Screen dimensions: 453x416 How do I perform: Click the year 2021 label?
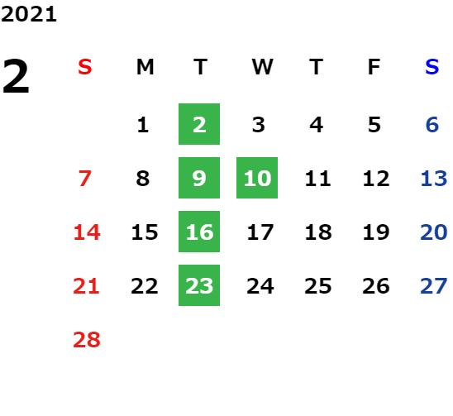29,14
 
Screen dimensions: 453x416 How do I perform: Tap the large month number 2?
16,76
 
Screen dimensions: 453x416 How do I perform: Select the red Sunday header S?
85,67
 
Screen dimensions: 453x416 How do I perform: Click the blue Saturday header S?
432,67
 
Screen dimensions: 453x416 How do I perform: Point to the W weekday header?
262,67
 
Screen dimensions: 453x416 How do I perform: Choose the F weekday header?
374,67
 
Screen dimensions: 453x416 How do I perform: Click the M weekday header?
145,67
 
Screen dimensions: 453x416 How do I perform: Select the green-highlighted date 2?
199,124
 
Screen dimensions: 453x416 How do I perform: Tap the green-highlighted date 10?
257,178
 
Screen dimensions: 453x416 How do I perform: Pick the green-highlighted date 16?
199,232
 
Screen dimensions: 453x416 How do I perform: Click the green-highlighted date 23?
199,285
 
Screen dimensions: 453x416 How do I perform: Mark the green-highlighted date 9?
199,178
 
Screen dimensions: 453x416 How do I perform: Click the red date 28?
87,339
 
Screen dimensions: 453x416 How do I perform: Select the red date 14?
87,232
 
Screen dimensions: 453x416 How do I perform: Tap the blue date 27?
434,285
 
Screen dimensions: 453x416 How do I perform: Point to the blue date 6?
432,125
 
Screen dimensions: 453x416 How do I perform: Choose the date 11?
317,178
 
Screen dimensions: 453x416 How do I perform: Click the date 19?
376,232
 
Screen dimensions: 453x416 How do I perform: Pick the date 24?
260,285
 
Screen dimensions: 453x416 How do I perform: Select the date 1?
143,125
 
